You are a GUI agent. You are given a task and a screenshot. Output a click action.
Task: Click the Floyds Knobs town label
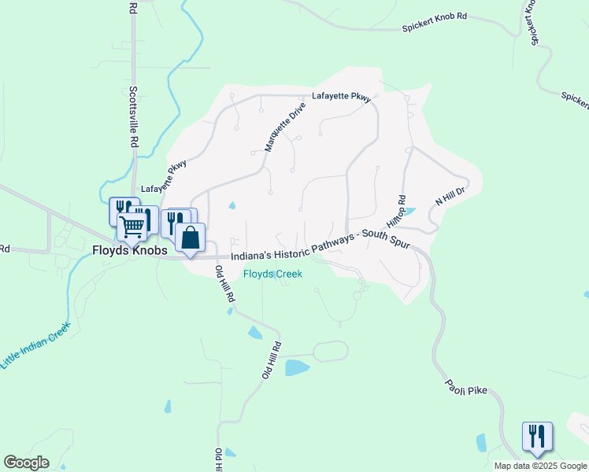[x=129, y=251]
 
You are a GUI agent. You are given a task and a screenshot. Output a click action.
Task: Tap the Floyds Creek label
[x=272, y=274]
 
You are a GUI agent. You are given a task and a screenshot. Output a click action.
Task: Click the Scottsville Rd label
[x=134, y=118]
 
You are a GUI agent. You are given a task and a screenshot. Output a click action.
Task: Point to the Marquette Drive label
[x=284, y=126]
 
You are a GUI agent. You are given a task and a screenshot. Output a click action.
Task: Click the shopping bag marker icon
[x=191, y=237]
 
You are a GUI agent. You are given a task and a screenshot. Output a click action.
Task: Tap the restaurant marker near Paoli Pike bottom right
[x=537, y=436]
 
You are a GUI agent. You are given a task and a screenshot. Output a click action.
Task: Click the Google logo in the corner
[x=26, y=463]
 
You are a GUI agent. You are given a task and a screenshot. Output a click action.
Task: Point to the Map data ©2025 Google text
[x=540, y=466]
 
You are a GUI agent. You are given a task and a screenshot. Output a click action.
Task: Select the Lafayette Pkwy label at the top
[x=341, y=97]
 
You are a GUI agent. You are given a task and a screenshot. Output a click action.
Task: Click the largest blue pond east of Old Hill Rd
[x=297, y=367]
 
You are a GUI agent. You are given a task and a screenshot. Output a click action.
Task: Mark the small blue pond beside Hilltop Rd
[x=408, y=212]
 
